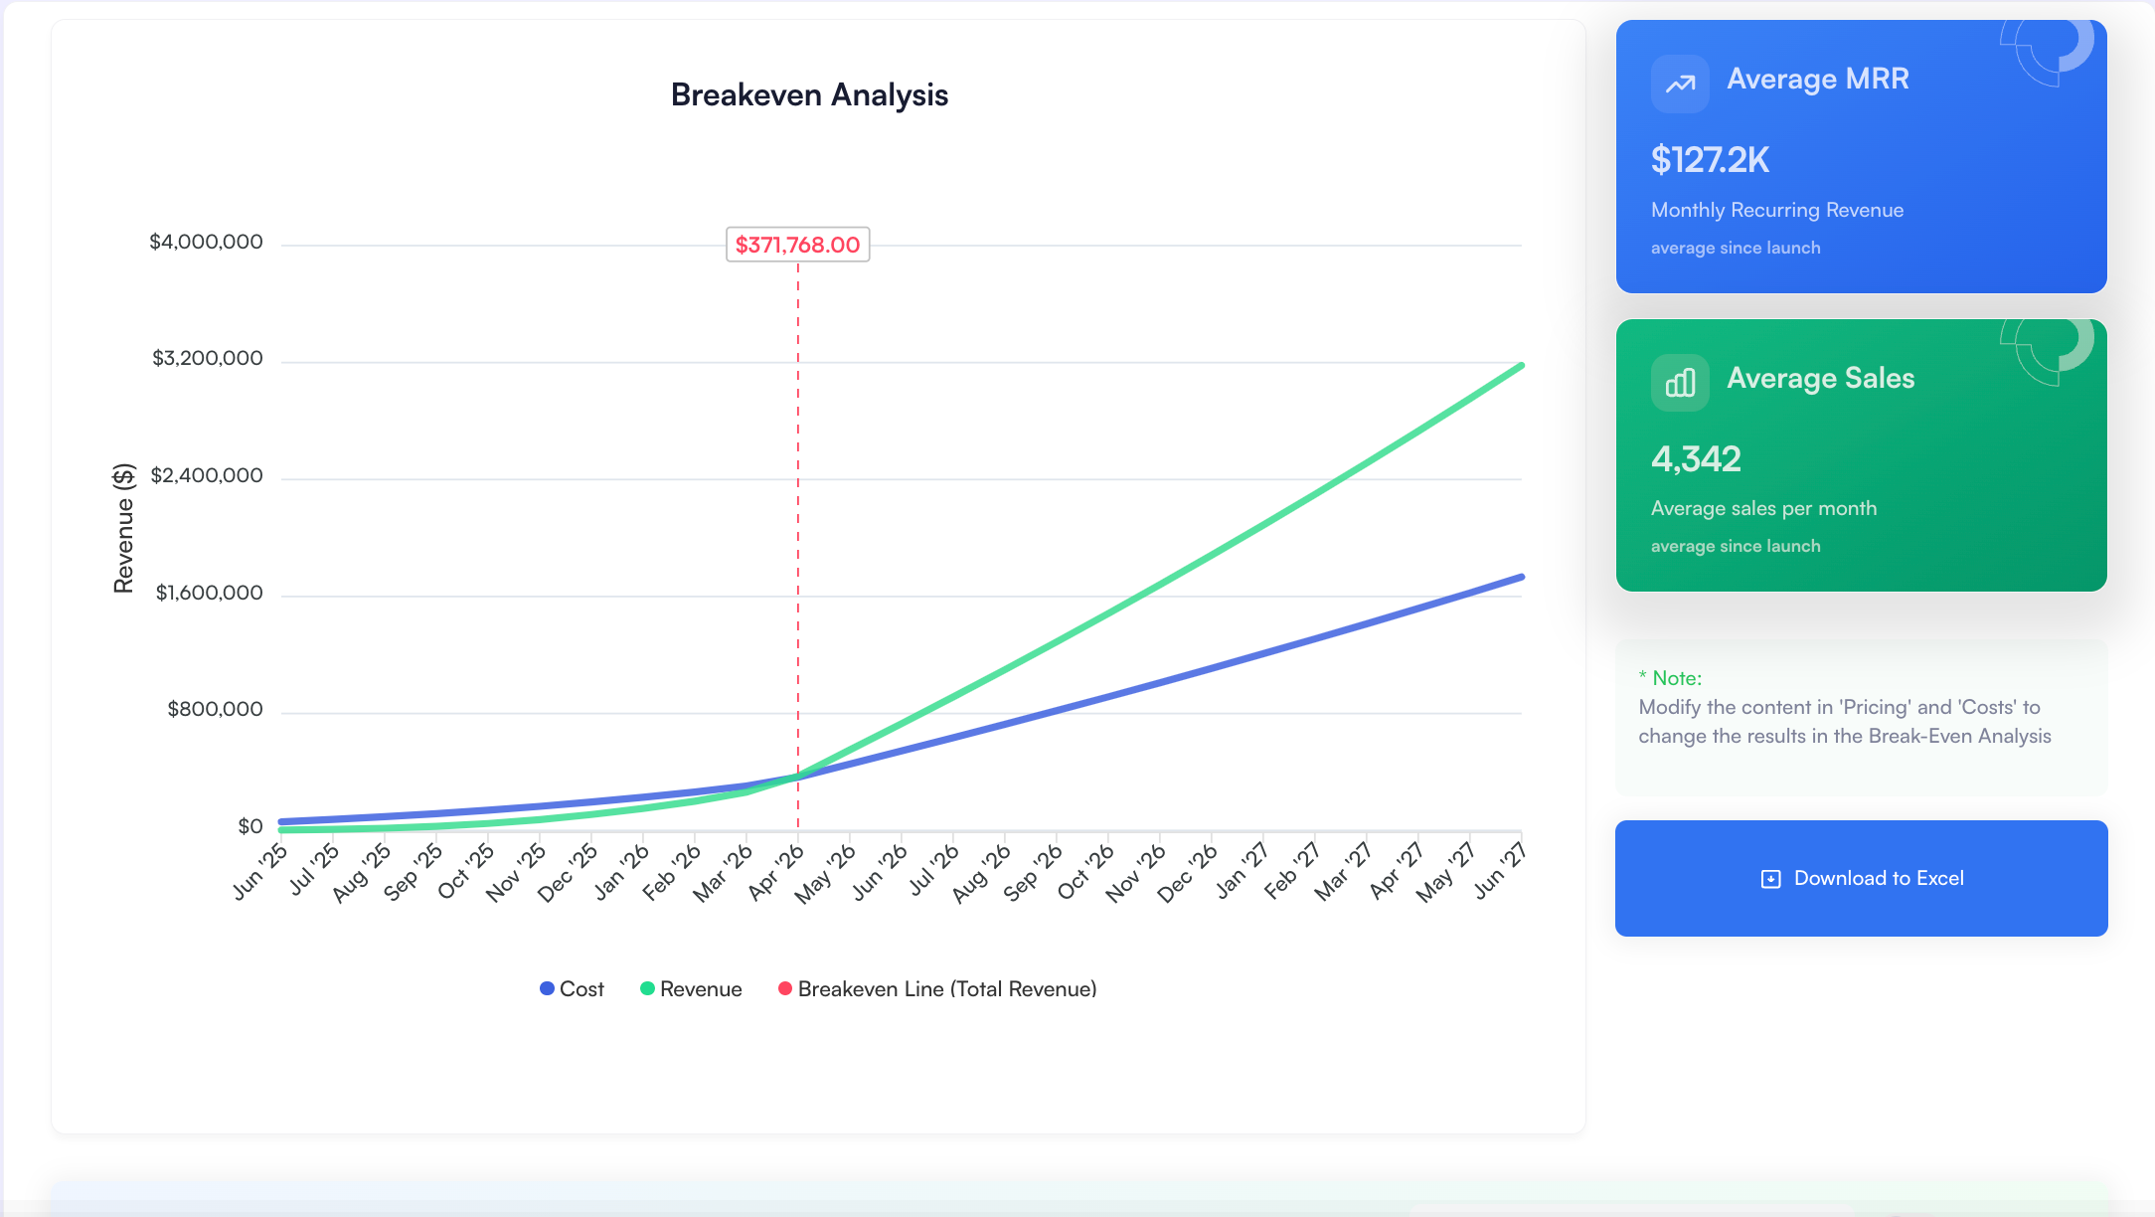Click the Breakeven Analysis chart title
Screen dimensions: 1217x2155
809,95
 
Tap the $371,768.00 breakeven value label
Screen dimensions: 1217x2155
797,245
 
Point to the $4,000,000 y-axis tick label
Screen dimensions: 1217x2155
206,242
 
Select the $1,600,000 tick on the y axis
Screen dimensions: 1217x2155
209,593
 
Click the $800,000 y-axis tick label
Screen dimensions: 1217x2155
215,709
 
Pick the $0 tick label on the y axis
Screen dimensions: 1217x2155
250,826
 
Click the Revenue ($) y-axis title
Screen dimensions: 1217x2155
123,528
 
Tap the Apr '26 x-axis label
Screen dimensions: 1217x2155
775,872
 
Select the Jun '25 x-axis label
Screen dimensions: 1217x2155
259,872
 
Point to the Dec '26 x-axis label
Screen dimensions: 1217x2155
1187,873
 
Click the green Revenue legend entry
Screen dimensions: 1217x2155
691,989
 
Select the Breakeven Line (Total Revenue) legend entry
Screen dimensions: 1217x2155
937,989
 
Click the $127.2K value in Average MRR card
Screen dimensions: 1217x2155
1710,160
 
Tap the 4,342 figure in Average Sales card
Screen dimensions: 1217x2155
1696,459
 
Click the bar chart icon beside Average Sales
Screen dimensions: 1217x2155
1680,383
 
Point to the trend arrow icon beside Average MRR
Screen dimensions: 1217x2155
1680,84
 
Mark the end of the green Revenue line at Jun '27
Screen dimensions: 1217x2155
1521,366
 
